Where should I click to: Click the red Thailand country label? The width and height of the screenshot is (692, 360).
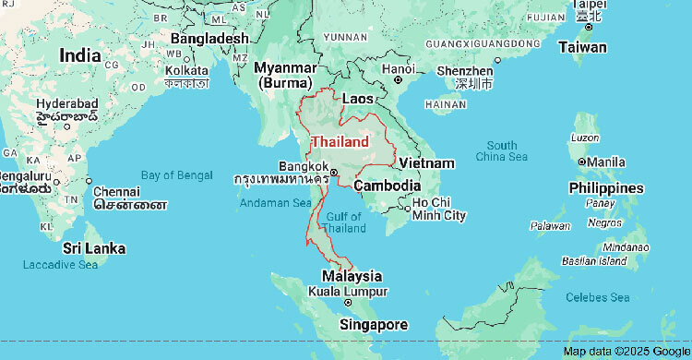340,141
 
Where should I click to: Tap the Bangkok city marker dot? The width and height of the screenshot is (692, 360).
334,172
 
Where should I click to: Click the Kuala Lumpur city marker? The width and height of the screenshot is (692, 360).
348,303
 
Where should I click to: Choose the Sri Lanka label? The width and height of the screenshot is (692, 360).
93,248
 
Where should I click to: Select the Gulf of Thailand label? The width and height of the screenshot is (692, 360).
343,222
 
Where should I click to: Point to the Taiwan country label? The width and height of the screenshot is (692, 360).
582,46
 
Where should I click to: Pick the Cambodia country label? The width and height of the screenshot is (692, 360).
388,185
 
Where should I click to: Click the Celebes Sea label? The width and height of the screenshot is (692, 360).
597,296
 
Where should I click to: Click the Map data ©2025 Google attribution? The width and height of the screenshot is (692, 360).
626,352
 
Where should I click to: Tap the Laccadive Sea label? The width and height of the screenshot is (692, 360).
60,265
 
